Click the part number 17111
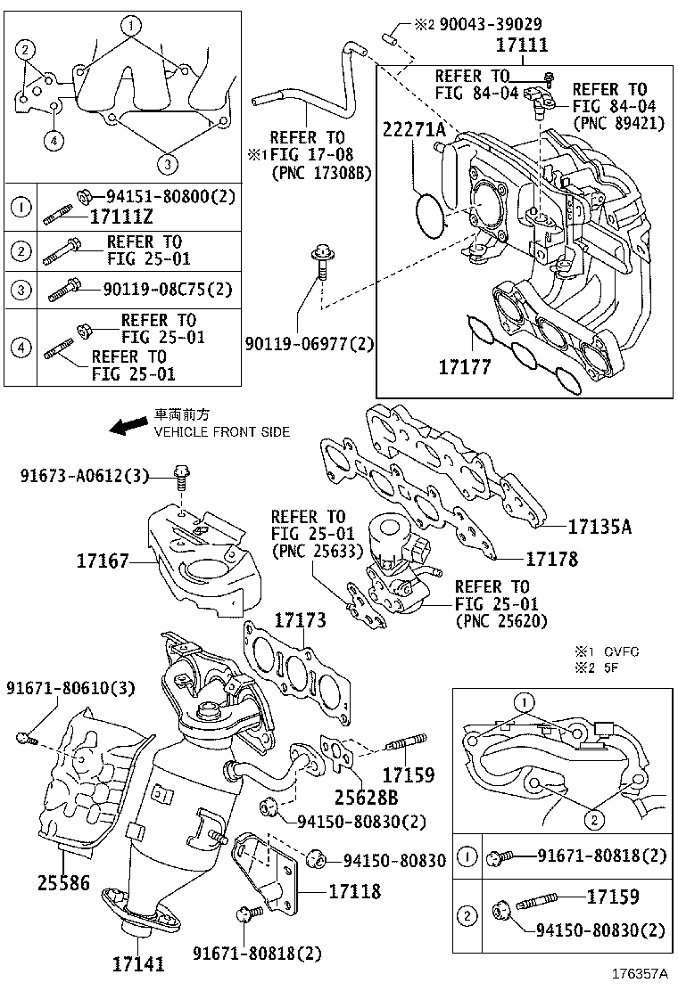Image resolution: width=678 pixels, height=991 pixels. tap(522, 45)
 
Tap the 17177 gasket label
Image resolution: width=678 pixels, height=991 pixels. tap(464, 367)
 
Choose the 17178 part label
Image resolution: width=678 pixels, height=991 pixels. tap(551, 560)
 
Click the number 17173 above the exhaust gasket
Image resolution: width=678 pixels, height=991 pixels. tap(300, 620)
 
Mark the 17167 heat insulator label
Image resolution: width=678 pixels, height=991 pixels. tap(103, 561)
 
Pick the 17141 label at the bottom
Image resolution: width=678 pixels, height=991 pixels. tap(138, 964)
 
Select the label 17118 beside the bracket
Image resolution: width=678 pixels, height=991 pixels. tap(354, 891)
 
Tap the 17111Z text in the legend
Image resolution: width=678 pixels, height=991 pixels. tap(124, 216)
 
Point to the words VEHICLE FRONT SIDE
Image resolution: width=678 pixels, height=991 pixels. tap(222, 432)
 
